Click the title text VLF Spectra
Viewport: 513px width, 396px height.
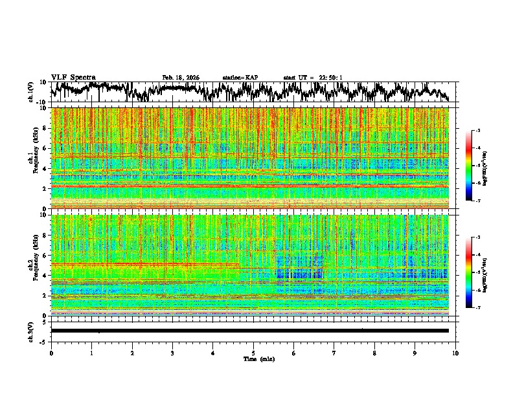[73, 78]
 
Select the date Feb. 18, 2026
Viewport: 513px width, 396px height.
[181, 78]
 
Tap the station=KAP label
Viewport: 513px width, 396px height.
[240, 78]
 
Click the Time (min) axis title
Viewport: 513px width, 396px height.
[258, 358]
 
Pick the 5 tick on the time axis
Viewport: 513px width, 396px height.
[253, 352]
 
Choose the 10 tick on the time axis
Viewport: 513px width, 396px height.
[456, 352]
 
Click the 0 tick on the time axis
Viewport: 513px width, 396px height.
[51, 352]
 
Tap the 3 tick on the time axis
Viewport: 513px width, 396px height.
[172, 352]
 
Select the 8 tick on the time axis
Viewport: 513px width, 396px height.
[374, 352]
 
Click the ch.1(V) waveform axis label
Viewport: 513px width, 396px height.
[31, 92]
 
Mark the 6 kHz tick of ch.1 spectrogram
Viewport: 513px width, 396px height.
[45, 148]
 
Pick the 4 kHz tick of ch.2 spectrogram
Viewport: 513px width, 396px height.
[45, 275]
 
